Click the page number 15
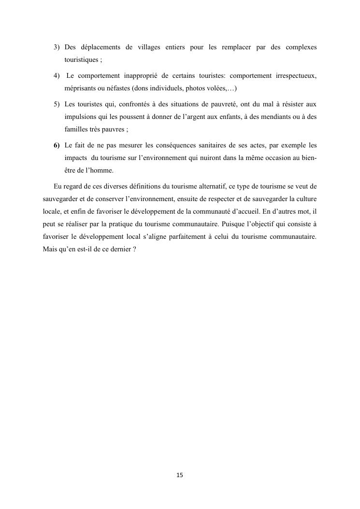click(x=180, y=475)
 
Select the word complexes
click(x=301, y=47)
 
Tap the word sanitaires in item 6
click(x=212, y=145)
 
